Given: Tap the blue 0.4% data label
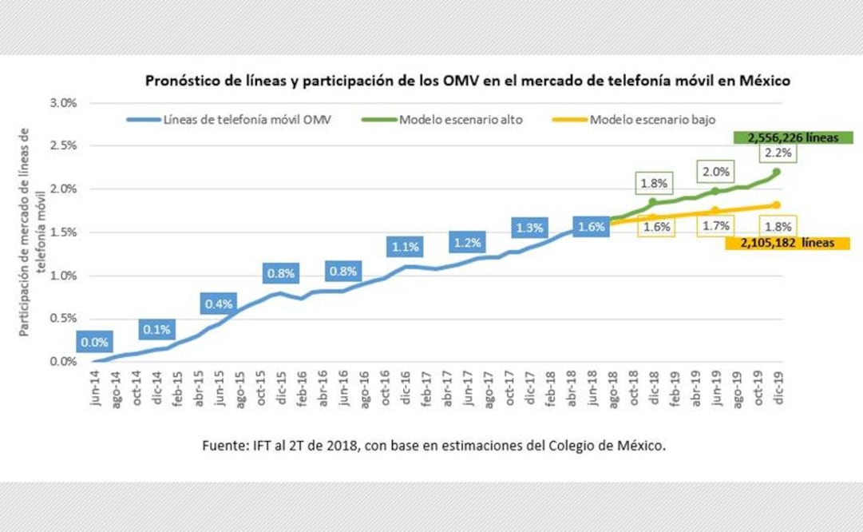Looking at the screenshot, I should tap(218, 304).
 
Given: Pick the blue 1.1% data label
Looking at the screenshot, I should tap(406, 248).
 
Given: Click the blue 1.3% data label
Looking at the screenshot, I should tap(530, 228).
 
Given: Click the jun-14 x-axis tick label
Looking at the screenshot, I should tap(96, 389).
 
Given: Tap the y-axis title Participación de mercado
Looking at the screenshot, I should tap(30, 232).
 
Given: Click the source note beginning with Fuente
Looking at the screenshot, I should tap(434, 446).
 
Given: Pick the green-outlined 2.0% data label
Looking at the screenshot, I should tap(715, 170).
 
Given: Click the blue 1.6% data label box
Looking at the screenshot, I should tap(592, 226).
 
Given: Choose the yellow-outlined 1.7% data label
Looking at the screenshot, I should tap(715, 226).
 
